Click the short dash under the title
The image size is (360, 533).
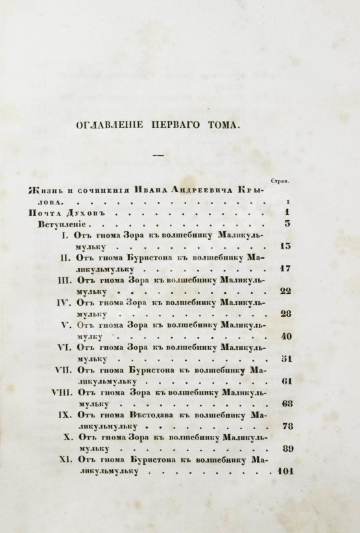(x=157, y=156)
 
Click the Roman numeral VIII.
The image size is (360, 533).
(x=60, y=392)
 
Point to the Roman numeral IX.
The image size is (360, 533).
(x=63, y=415)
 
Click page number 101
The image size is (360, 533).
(x=284, y=471)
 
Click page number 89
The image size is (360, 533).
(x=285, y=449)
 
